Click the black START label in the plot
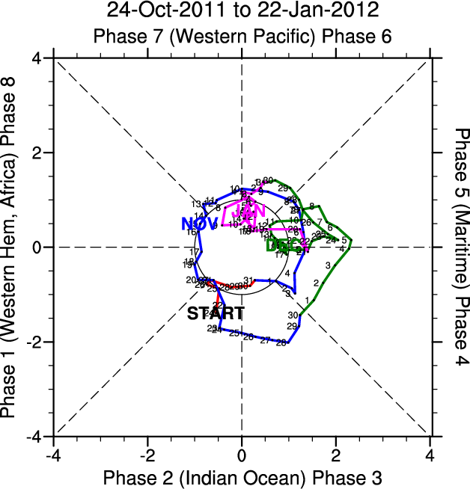point(216,313)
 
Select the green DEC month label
point(283,244)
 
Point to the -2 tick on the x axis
point(147,455)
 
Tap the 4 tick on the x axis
point(430,455)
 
